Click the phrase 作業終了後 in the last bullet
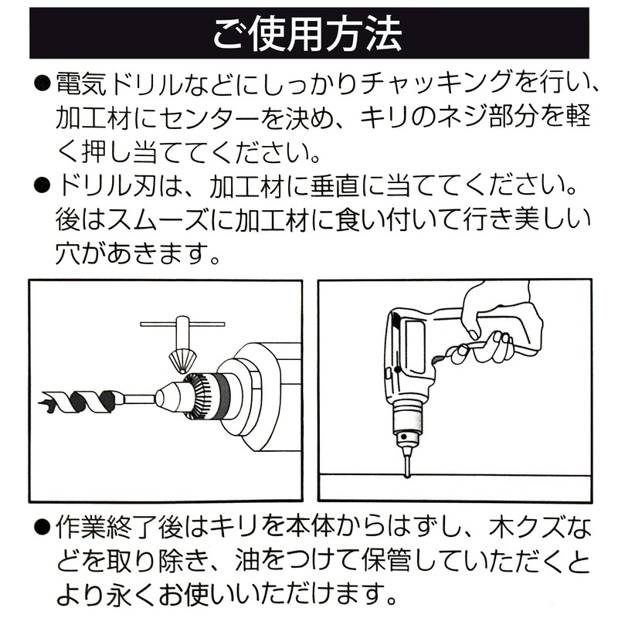click(119, 528)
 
